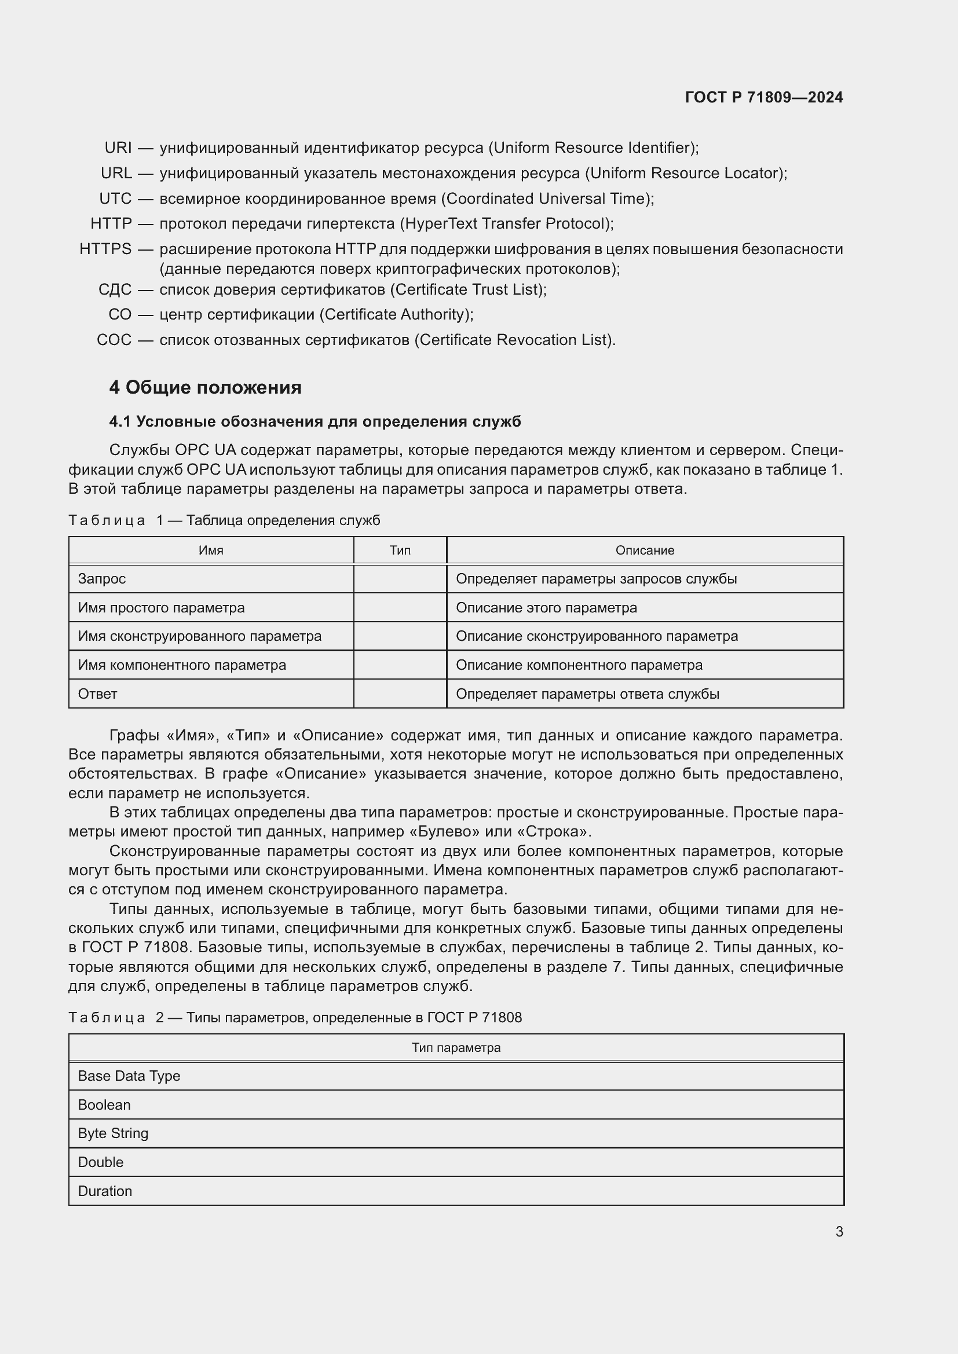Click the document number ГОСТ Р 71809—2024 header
coord(763,97)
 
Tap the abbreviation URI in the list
coord(118,148)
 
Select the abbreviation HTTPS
coord(105,249)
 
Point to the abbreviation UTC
coord(115,198)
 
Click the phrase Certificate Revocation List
coord(514,340)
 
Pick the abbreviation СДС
coord(115,289)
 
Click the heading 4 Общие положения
coord(205,387)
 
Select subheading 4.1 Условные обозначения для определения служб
coord(315,421)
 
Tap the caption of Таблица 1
coord(224,520)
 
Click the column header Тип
coord(400,550)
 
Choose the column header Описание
coord(645,550)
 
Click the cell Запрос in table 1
coord(102,578)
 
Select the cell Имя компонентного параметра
coord(182,665)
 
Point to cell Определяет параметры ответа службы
coord(587,693)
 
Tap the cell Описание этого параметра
coord(546,607)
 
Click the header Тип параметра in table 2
coord(456,1047)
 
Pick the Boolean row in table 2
coord(104,1105)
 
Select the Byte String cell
coord(114,1133)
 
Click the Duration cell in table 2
coord(105,1191)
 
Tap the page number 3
coord(839,1231)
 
